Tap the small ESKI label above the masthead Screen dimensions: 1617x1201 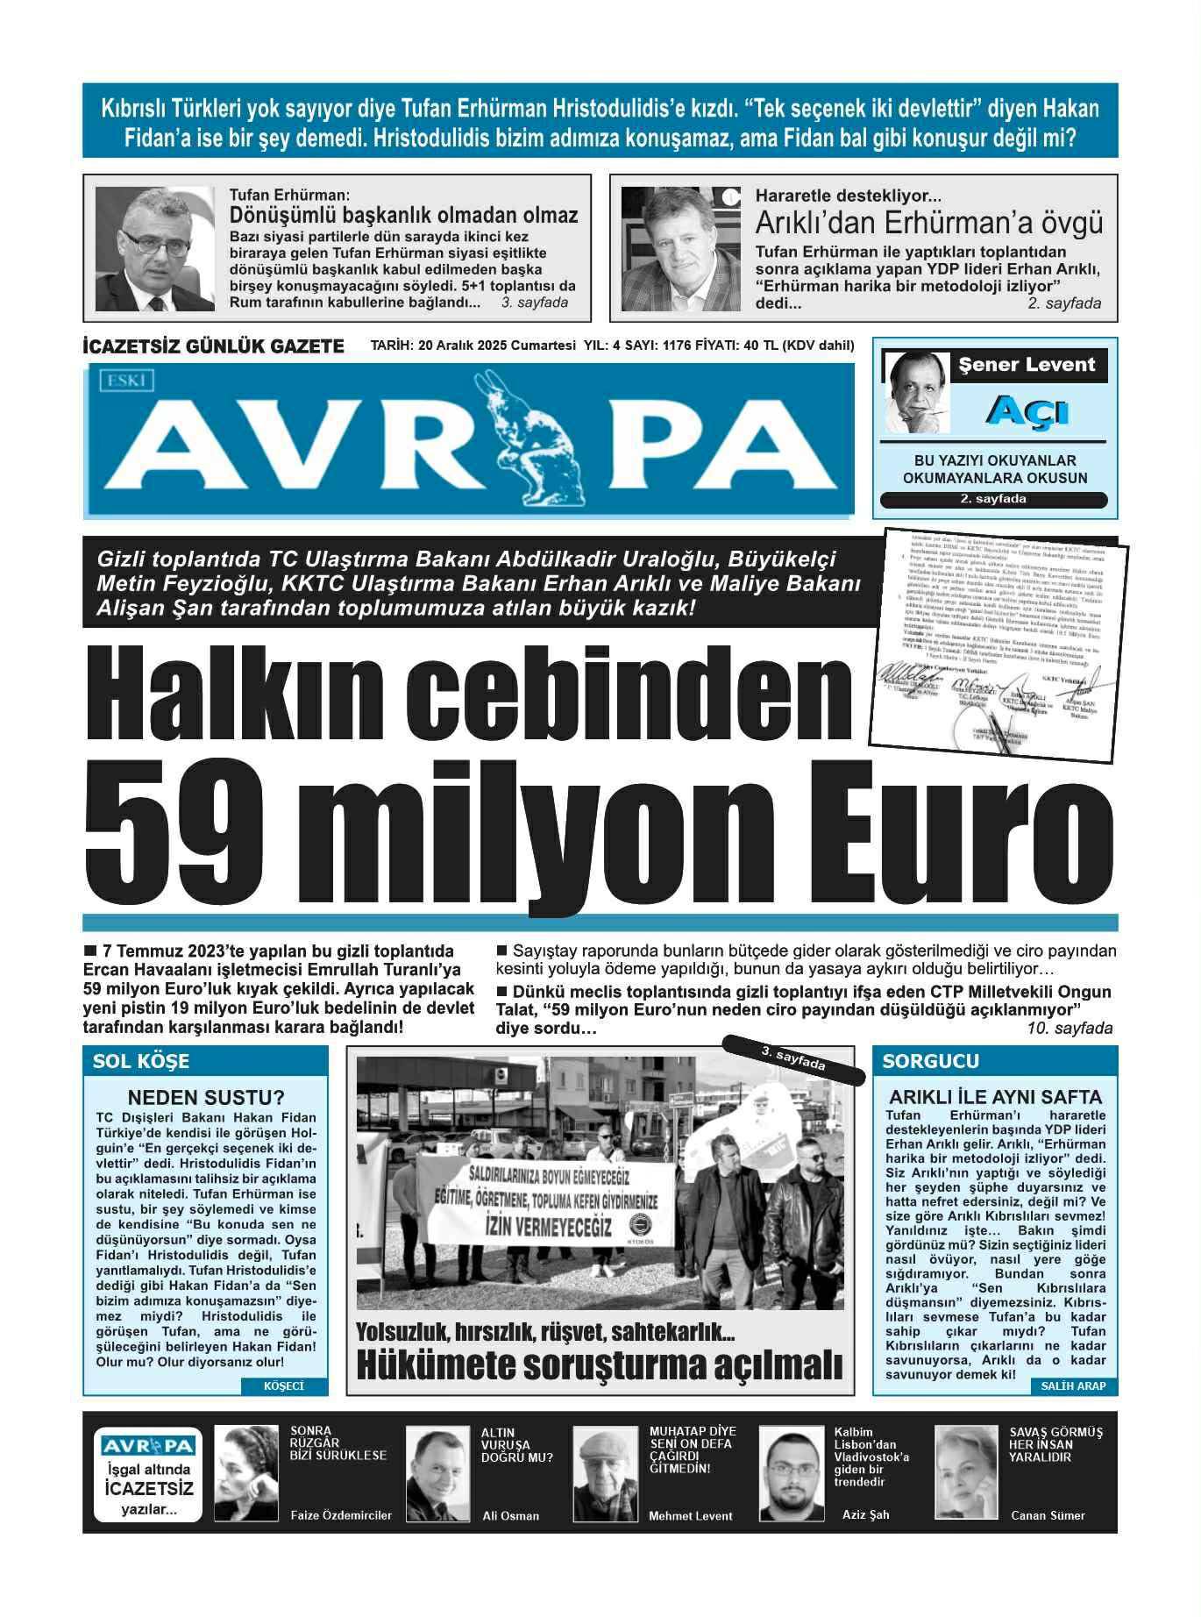[x=129, y=381]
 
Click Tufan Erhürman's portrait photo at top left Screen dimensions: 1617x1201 [x=155, y=249]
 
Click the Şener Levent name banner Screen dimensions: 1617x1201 [x=1027, y=366]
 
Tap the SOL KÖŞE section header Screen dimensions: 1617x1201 [x=140, y=1061]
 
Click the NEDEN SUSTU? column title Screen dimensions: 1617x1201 [x=205, y=1097]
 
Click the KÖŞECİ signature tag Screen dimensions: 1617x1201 [x=283, y=1386]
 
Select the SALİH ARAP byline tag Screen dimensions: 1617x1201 [x=1073, y=1386]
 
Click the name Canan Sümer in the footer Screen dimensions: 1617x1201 [x=1048, y=1515]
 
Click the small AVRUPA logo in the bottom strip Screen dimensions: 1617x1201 [x=147, y=1446]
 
